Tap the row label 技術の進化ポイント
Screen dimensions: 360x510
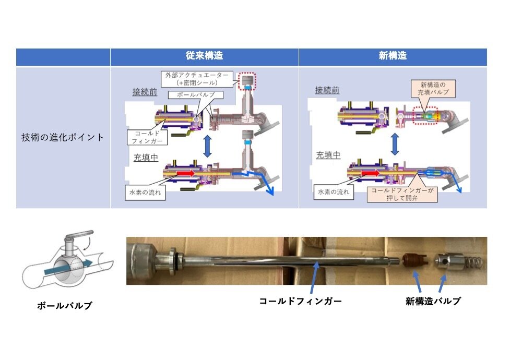pyautogui.click(x=63, y=137)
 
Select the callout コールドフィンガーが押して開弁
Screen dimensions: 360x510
pyautogui.click(x=401, y=195)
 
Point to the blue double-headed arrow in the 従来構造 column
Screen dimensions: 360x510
pyautogui.click(x=207, y=146)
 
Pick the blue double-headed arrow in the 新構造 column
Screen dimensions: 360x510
pyautogui.click(x=395, y=142)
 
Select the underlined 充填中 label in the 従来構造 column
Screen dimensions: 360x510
pyautogui.click(x=146, y=157)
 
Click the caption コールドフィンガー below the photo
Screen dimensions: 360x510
pyautogui.click(x=301, y=301)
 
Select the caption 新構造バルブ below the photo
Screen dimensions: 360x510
pyautogui.click(x=433, y=301)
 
